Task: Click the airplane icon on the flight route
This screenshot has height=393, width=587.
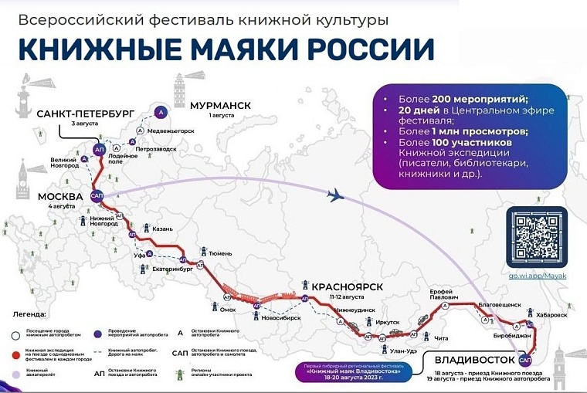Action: pyautogui.click(x=338, y=196)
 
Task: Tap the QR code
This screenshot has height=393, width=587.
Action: pyautogui.click(x=535, y=235)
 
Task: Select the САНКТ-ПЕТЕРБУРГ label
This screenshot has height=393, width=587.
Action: pyautogui.click(x=86, y=113)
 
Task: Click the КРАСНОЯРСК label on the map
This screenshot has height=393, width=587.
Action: pyautogui.click(x=347, y=286)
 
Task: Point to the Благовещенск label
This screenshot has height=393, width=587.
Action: pyautogui.click(x=501, y=305)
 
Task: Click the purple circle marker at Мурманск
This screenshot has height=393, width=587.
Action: pyautogui.click(x=161, y=112)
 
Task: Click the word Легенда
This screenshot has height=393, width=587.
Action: pyautogui.click(x=30, y=315)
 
